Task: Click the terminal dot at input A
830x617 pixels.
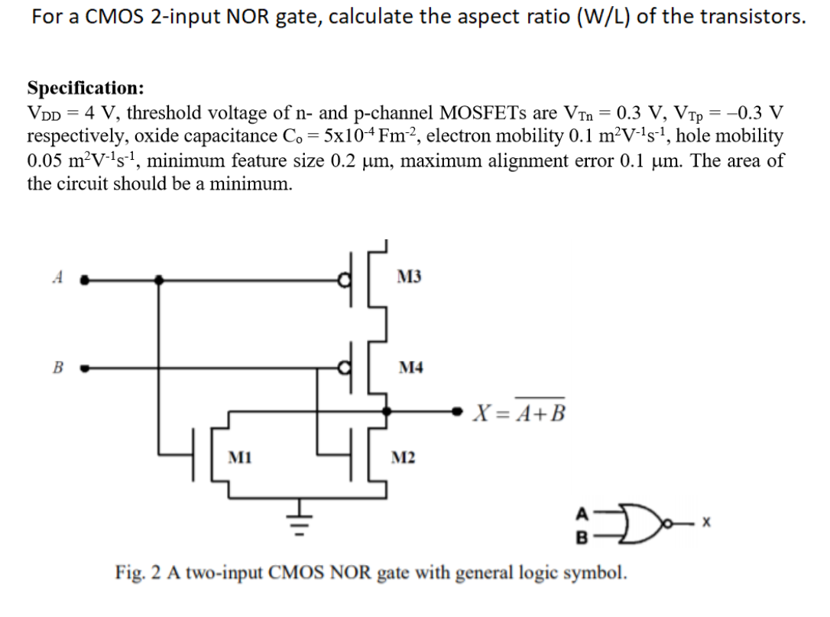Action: (86, 281)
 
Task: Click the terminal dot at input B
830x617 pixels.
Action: (86, 368)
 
